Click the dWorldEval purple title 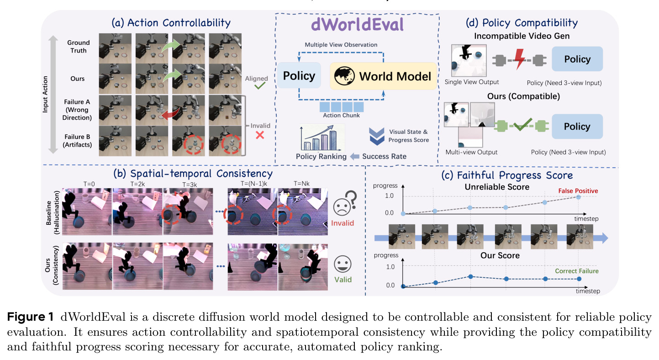click(x=357, y=24)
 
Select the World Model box click(x=383, y=76)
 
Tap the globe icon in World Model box click(x=344, y=76)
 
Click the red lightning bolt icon click(x=520, y=59)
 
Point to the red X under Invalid click(x=260, y=135)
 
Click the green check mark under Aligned click(x=260, y=85)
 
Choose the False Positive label click(x=578, y=191)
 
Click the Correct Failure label click(x=577, y=271)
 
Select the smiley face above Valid click(x=343, y=264)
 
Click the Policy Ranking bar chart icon click(x=322, y=138)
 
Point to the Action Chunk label click(x=341, y=116)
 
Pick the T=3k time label click(x=190, y=185)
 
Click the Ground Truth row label click(x=78, y=47)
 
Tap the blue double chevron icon click(x=377, y=136)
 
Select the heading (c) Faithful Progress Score click(x=507, y=175)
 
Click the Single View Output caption click(x=472, y=82)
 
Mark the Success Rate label click(x=384, y=156)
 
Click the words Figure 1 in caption click(x=30, y=317)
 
